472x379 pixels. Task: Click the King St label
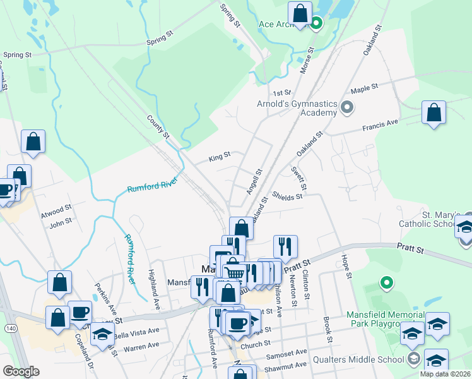[x=220, y=154]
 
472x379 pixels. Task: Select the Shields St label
[x=288, y=196]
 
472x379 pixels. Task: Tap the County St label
[x=158, y=126]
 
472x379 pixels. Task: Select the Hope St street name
[x=345, y=266]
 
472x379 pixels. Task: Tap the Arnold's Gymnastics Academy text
[x=297, y=108]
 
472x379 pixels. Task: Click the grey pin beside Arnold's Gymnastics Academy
[x=346, y=107]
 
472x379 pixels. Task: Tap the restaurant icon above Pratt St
[x=285, y=245]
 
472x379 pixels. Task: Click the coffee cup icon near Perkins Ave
[x=80, y=312]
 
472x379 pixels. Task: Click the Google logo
[x=21, y=371]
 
